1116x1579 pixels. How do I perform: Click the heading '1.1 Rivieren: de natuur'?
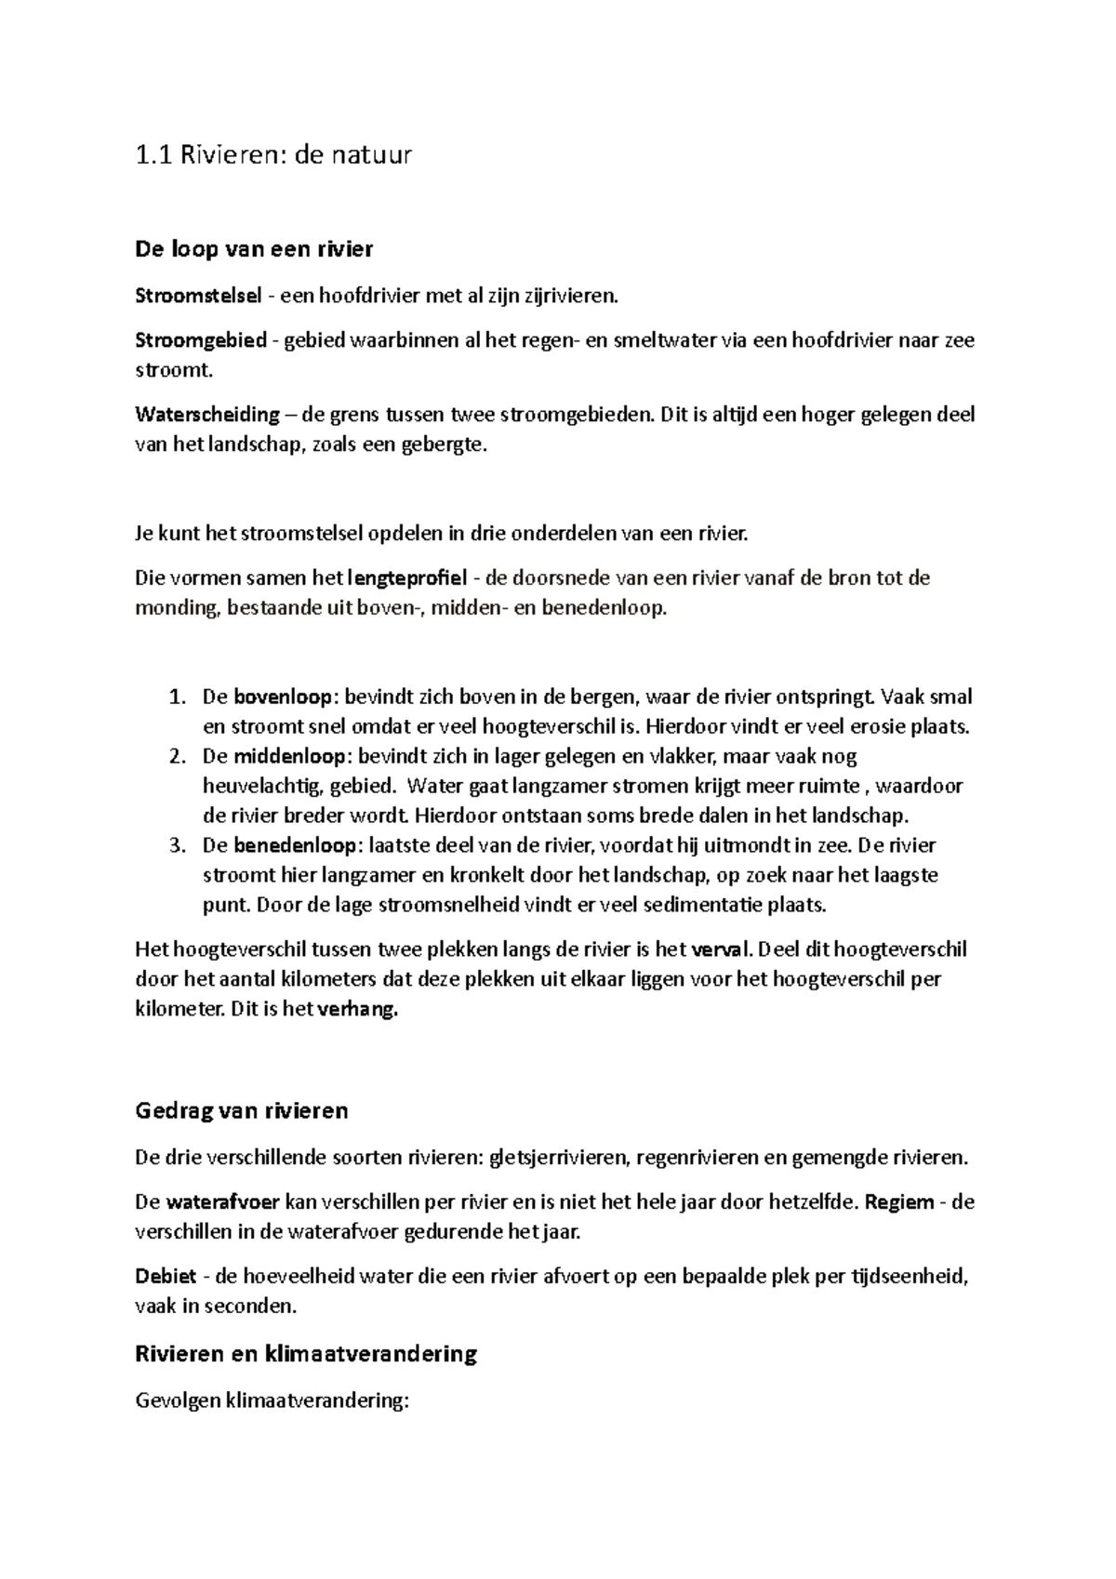click(x=272, y=154)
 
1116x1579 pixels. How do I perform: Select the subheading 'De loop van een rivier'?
click(x=254, y=249)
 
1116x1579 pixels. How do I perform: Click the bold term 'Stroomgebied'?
click(x=201, y=340)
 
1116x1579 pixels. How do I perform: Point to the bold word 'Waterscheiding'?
click(x=207, y=415)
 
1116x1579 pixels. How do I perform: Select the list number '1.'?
click(x=178, y=697)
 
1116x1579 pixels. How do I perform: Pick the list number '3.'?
click(x=178, y=846)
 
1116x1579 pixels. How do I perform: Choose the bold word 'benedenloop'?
click(x=295, y=846)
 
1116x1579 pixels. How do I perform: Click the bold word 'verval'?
click(x=720, y=950)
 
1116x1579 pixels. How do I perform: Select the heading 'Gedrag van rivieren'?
click(x=242, y=1110)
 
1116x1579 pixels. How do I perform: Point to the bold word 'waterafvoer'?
click(x=223, y=1202)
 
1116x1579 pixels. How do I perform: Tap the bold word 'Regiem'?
click(x=898, y=1202)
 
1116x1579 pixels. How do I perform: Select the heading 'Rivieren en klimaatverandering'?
click(x=306, y=1354)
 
